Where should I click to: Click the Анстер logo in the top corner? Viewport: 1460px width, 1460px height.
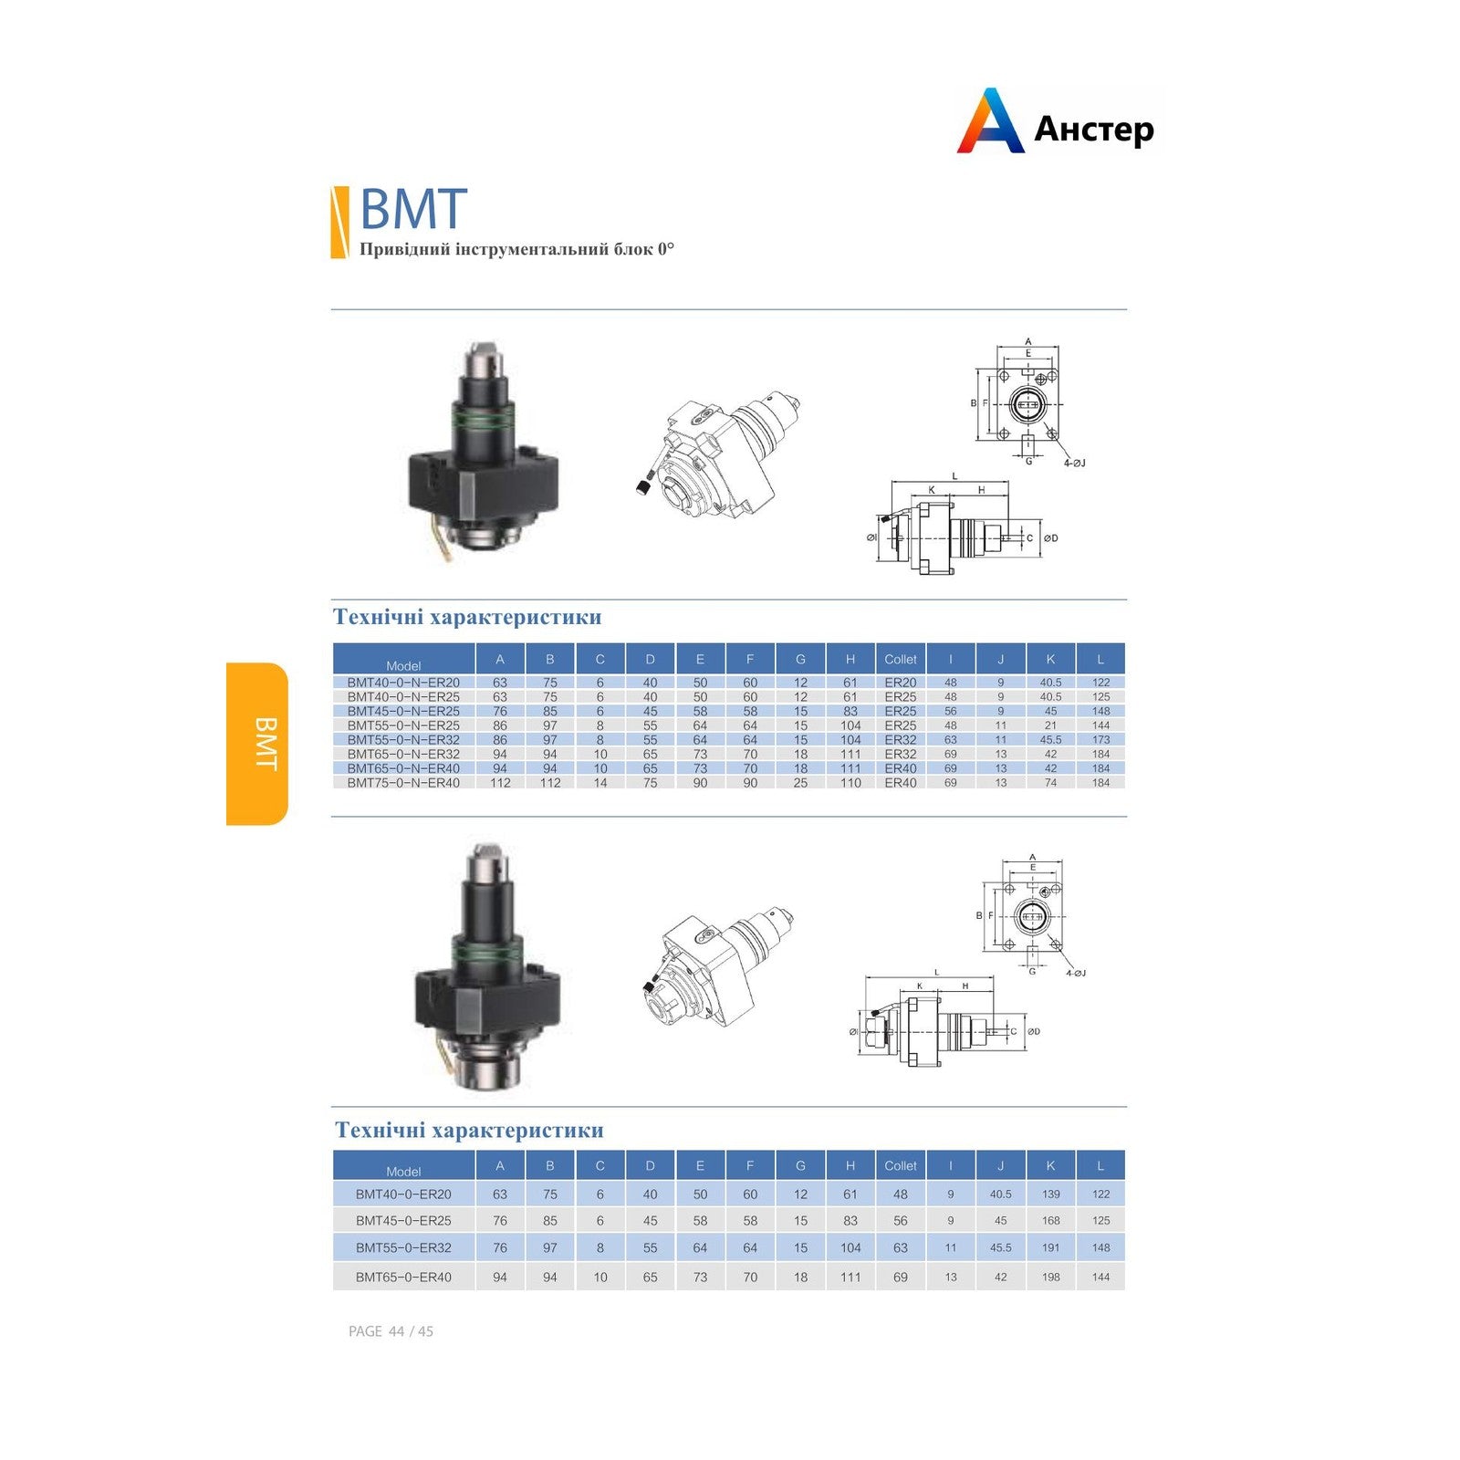(x=1057, y=122)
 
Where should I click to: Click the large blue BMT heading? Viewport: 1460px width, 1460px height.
(x=413, y=209)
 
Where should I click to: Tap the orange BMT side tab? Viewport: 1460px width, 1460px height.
(x=257, y=744)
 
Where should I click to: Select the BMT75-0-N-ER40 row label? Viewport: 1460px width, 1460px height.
(x=403, y=783)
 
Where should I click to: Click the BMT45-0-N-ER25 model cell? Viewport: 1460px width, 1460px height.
(x=403, y=711)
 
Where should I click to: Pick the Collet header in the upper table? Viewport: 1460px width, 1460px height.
(x=901, y=659)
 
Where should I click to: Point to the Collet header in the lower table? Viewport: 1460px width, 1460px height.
(x=901, y=1165)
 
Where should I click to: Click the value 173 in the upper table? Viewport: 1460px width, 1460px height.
(x=1100, y=740)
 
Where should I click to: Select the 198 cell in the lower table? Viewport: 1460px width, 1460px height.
(x=1050, y=1277)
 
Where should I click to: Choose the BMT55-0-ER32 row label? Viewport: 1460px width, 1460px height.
(x=403, y=1247)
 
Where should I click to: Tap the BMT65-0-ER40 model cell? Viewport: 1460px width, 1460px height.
(x=403, y=1277)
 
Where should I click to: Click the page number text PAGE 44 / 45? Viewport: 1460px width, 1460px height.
(x=391, y=1331)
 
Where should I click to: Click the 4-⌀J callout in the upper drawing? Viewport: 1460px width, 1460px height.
(x=1074, y=464)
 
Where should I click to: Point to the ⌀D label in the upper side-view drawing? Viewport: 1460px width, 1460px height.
(x=1050, y=538)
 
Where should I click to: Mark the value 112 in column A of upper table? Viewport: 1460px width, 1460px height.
(x=500, y=783)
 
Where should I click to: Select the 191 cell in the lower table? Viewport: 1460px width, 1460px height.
(x=1050, y=1247)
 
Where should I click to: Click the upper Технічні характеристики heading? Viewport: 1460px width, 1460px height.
(x=467, y=617)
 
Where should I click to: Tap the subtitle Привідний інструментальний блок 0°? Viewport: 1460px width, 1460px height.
(x=516, y=249)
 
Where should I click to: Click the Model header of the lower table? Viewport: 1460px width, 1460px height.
(x=403, y=1172)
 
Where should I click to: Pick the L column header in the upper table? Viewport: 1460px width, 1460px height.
(x=1100, y=659)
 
